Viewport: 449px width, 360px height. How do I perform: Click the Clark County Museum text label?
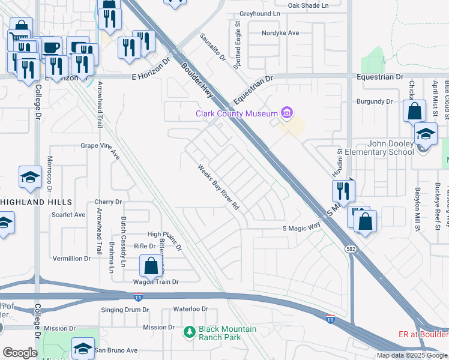pyautogui.click(x=235, y=113)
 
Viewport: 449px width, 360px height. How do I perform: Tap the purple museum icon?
pyautogui.click(x=287, y=113)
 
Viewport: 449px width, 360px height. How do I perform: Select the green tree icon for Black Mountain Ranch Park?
pyautogui.click(x=189, y=331)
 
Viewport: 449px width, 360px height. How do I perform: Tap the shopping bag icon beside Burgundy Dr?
pyautogui.click(x=414, y=111)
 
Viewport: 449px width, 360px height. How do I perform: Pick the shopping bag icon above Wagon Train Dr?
pyautogui.click(x=151, y=265)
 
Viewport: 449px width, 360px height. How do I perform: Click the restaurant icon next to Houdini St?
pyautogui.click(x=344, y=191)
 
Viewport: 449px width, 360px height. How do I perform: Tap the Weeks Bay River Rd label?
pyautogui.click(x=219, y=187)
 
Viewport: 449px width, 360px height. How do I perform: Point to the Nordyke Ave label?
pyautogui.click(x=280, y=33)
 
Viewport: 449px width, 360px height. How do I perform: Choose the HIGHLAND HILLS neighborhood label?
pyautogui.click(x=36, y=203)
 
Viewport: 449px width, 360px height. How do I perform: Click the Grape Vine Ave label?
pyautogui.click(x=100, y=146)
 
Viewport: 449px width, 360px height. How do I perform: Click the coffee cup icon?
pyautogui.click(x=50, y=46)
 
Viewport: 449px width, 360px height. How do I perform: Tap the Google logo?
pyautogui.click(x=20, y=353)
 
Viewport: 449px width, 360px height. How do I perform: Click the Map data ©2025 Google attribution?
pyautogui.click(x=411, y=355)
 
